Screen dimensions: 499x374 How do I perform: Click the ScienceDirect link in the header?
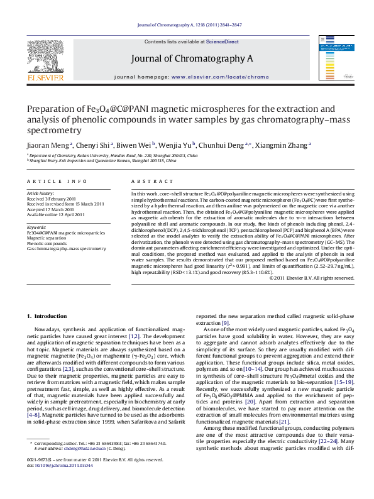click(x=223, y=41)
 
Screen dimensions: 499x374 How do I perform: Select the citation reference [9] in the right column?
click(x=225, y=322)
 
